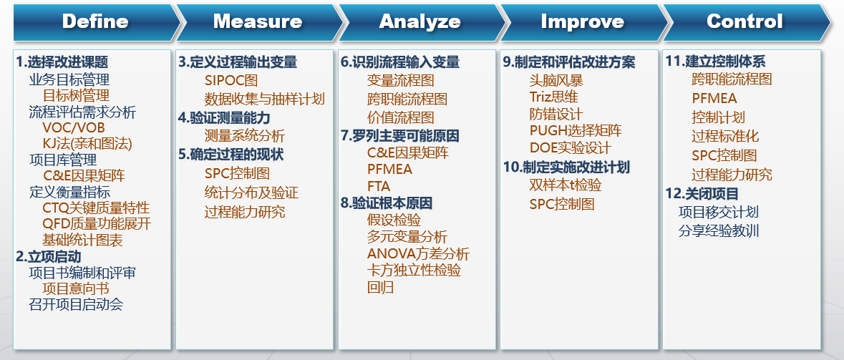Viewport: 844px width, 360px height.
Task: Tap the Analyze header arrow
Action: (x=420, y=22)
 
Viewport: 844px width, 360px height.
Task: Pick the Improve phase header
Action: (x=583, y=22)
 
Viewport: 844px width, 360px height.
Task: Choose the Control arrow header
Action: (x=745, y=22)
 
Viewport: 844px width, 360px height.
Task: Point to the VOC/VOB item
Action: (x=74, y=128)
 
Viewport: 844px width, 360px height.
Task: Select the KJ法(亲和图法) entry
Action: (x=87, y=144)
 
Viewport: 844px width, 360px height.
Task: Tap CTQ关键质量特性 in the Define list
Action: (x=97, y=208)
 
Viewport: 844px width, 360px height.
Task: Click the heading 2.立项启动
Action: (x=49, y=257)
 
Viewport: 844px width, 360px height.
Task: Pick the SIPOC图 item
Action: (x=231, y=80)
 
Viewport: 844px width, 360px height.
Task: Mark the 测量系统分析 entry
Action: (x=244, y=135)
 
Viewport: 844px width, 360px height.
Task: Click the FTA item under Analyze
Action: (x=379, y=186)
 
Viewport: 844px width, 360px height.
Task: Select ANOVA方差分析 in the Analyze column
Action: (x=418, y=253)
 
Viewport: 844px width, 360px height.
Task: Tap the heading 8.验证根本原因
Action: (x=387, y=203)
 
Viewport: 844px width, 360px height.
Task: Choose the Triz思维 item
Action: (x=554, y=97)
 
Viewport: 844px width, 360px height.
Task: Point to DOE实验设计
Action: (x=571, y=147)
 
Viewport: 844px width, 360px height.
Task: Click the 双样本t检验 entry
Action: (x=566, y=185)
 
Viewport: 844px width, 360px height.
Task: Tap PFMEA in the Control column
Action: (x=714, y=99)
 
